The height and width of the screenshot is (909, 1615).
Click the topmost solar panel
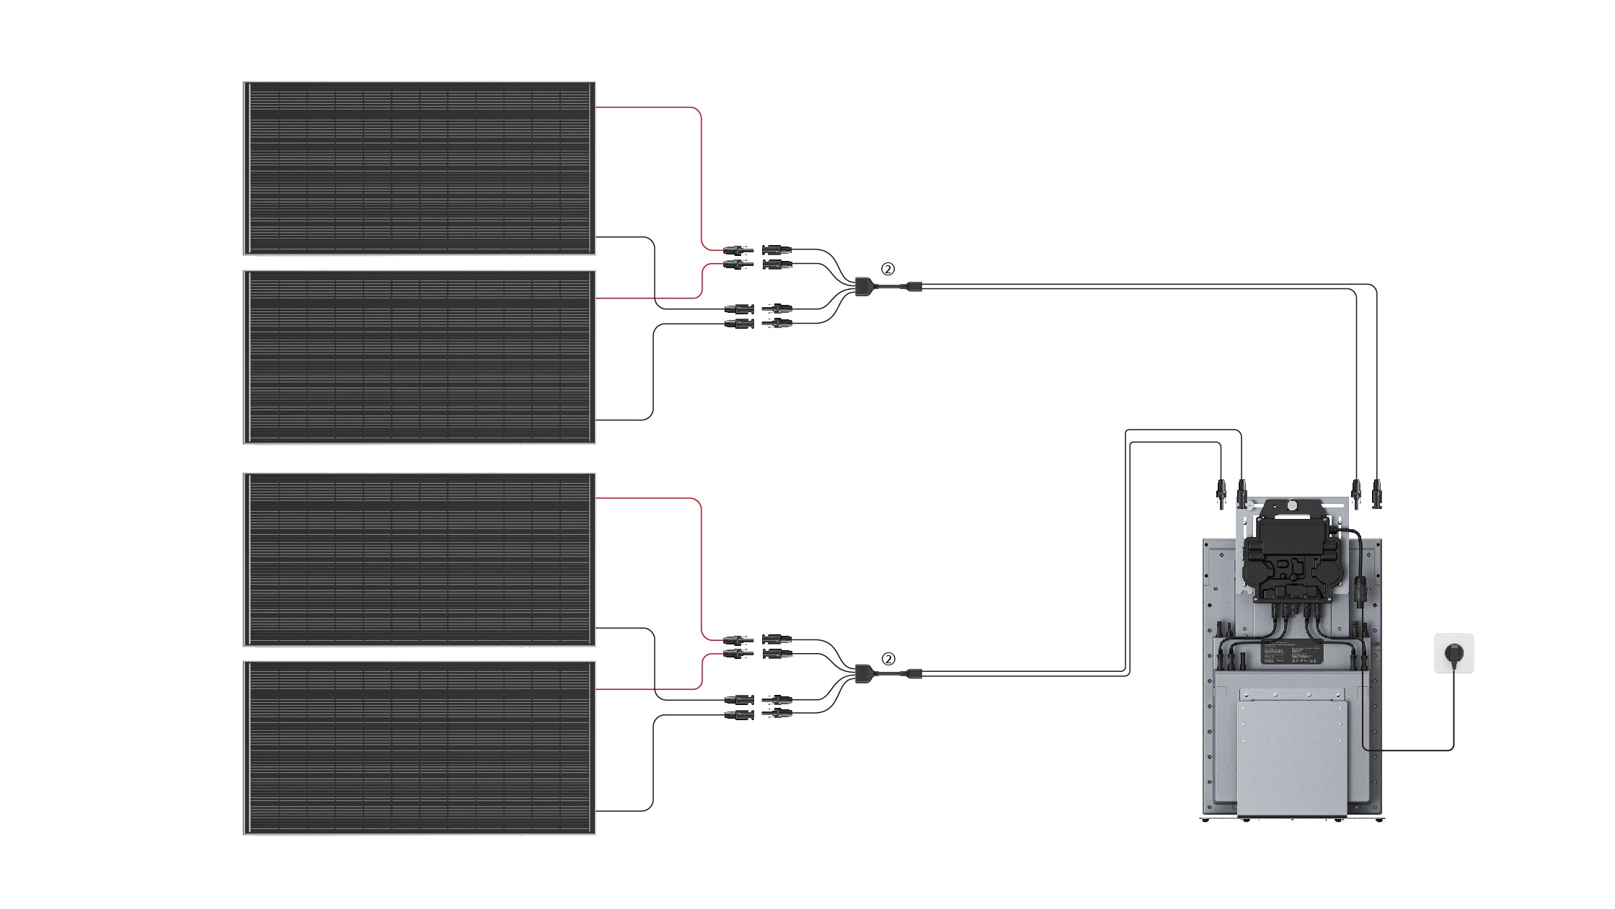click(419, 168)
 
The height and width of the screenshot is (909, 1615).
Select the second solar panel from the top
click(419, 357)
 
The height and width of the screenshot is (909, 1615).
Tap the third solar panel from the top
click(419, 559)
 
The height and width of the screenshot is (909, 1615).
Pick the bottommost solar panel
click(419, 748)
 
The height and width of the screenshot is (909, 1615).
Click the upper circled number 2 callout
click(888, 269)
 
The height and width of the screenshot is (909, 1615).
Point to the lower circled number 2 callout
click(888, 659)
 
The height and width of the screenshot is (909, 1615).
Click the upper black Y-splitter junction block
click(863, 286)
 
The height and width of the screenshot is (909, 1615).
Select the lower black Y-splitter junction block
click(863, 674)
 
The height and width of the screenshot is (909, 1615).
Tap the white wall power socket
click(1453, 653)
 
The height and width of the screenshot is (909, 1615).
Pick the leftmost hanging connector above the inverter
click(1221, 497)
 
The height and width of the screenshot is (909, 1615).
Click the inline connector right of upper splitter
click(913, 286)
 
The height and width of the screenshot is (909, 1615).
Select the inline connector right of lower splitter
click(913, 674)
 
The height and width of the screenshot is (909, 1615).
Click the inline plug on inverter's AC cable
click(1359, 588)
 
